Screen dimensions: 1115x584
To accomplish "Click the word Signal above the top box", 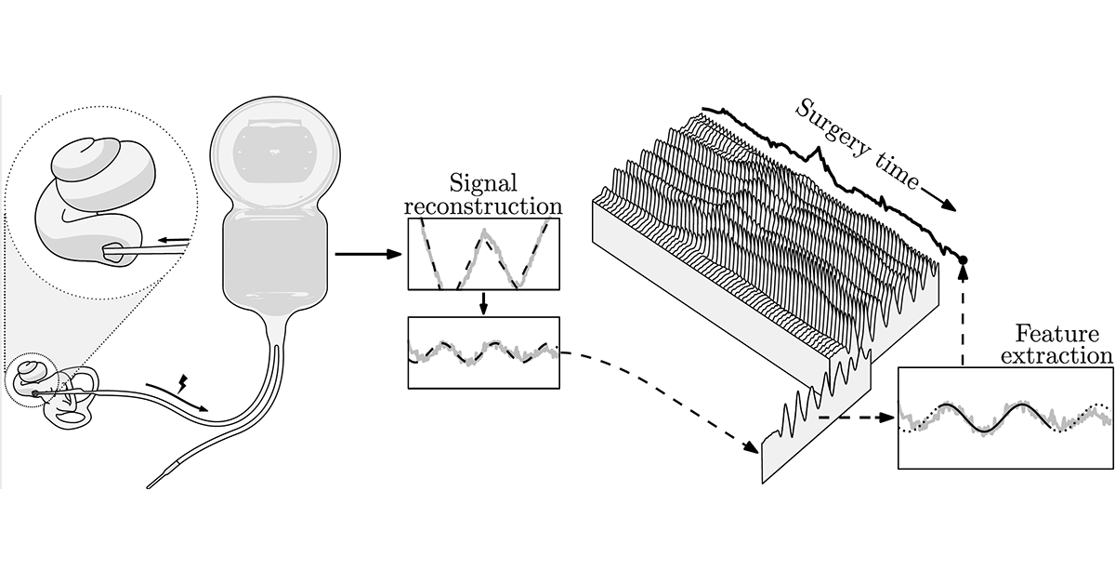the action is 483,184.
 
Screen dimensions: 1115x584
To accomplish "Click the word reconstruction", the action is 483,206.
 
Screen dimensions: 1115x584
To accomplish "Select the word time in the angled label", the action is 898,172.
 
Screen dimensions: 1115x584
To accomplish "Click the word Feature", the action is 1057,333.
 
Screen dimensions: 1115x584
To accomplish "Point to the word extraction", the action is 1057,355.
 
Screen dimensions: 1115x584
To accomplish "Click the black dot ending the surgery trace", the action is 963,259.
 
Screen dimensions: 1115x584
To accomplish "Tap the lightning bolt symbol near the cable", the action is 183,384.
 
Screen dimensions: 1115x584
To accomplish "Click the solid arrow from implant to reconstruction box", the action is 368,254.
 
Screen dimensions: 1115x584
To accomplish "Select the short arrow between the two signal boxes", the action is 483,303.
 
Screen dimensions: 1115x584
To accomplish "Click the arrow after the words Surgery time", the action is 938,199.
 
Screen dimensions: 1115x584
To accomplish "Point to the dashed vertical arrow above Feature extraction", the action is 964,315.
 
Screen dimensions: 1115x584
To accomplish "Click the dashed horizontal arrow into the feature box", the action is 857,418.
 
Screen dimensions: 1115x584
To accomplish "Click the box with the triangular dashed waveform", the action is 483,254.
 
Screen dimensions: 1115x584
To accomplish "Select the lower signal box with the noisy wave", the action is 483,352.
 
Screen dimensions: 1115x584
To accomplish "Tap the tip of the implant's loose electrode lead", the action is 149,487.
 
